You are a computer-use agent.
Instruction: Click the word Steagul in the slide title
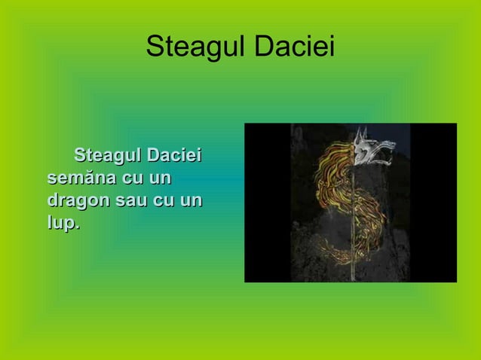click(189, 47)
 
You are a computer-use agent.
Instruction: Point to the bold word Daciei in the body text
click(175, 157)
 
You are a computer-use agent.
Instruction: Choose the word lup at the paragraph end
click(62, 224)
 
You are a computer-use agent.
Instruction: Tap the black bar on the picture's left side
click(267, 203)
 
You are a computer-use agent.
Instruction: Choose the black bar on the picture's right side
click(434, 203)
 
